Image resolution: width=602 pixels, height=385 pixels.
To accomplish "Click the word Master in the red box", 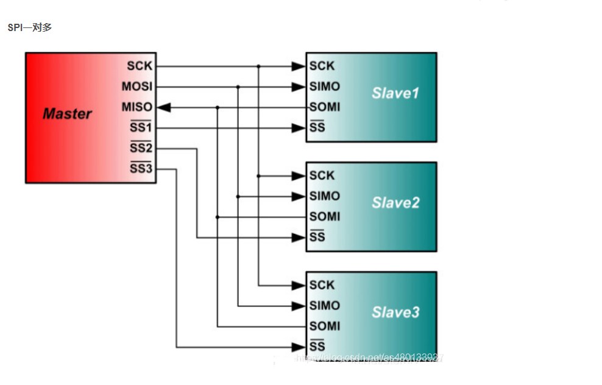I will tap(67, 114).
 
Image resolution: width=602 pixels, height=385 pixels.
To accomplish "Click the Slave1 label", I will tap(395, 93).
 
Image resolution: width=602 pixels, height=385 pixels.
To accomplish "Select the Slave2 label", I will tap(395, 203).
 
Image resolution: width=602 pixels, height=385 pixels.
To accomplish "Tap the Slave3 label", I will tap(395, 313).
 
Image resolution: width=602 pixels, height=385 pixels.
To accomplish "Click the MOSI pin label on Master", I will tap(137, 87).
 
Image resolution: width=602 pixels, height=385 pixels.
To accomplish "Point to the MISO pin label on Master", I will tap(137, 107).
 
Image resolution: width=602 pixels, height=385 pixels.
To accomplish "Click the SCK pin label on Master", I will tap(140, 66).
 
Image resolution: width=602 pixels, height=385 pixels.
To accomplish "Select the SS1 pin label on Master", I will tap(141, 128).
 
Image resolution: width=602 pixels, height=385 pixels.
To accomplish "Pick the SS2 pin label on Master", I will tap(141, 148).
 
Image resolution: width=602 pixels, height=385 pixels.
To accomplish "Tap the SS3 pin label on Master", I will tap(141, 169).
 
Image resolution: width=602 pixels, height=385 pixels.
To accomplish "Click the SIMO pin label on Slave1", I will tap(324, 87).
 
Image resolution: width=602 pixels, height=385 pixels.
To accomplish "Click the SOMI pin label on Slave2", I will tap(324, 216).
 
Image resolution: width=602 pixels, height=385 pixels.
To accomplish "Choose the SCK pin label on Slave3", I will tap(322, 285).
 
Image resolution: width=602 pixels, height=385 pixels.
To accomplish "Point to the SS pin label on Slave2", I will tap(317, 237).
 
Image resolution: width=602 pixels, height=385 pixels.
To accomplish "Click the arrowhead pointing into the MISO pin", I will tap(163, 107).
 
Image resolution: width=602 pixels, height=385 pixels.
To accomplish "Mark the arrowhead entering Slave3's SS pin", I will tap(298, 347).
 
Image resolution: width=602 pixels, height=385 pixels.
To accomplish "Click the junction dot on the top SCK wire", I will tap(258, 66).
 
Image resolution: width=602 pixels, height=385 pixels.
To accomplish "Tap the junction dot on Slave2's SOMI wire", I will tap(218, 216).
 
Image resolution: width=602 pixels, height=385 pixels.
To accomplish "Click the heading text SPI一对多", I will tap(29, 27).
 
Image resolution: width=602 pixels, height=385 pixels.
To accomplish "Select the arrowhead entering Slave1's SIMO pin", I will tap(298, 87).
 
